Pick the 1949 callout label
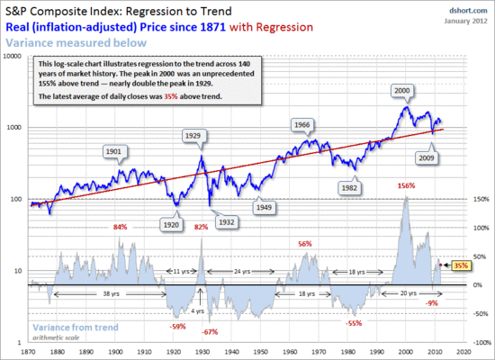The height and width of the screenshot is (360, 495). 264,206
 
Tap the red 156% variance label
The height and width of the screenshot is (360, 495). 406,185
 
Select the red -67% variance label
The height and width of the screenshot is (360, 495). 211,332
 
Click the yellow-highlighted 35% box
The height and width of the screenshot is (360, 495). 461,265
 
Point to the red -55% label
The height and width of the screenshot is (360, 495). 354,322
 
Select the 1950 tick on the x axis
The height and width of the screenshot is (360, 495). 258,350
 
